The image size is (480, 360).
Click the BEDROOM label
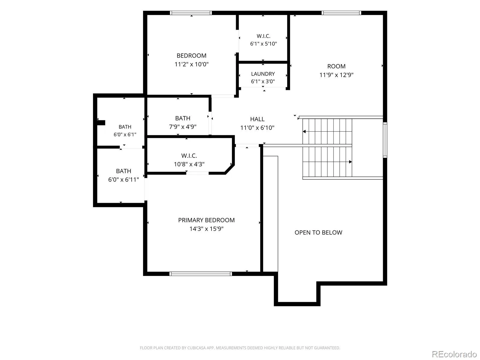(x=191, y=56)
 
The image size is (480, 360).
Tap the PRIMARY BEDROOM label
(x=206, y=220)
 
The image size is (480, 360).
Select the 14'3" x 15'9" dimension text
(x=206, y=229)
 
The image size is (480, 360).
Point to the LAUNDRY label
(x=263, y=74)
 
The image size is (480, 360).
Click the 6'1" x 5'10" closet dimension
(x=263, y=44)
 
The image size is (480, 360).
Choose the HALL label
(x=257, y=119)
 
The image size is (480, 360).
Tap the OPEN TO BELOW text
(x=318, y=232)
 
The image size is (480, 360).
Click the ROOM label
(x=336, y=66)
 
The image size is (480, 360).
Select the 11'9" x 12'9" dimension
(x=336, y=75)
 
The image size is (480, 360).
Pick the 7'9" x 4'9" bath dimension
(x=183, y=127)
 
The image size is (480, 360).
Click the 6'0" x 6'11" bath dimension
(x=124, y=180)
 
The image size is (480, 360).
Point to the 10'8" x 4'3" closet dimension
(x=189, y=164)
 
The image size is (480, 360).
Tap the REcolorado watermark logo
(x=454, y=354)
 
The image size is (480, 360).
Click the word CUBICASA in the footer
(x=196, y=348)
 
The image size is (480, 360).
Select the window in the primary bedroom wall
(x=200, y=274)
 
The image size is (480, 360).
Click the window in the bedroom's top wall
(x=191, y=13)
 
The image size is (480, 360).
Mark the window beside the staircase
(x=385, y=140)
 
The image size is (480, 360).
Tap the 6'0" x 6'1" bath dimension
(x=125, y=135)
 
